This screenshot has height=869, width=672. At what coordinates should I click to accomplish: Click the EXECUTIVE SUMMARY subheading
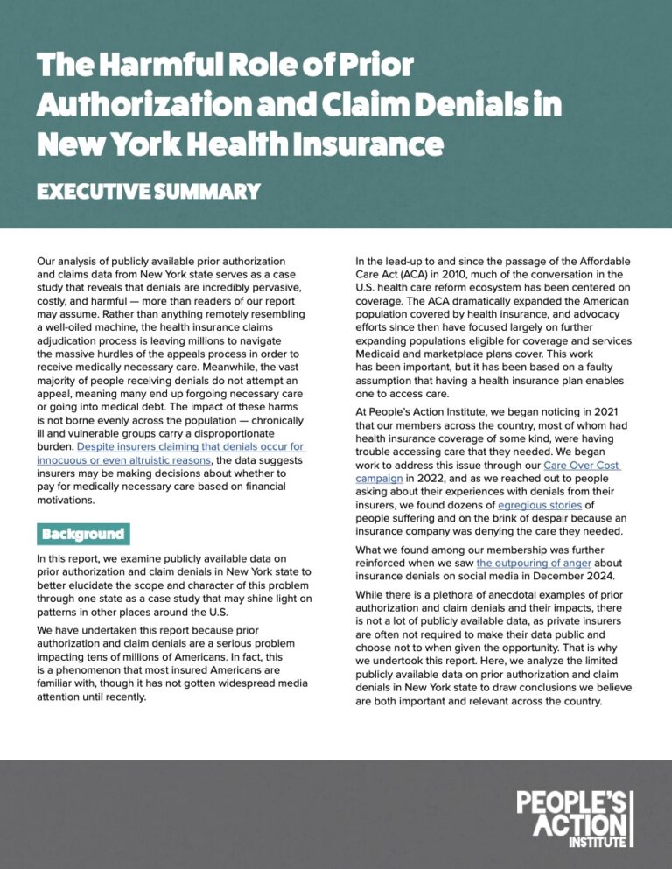[x=148, y=191]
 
